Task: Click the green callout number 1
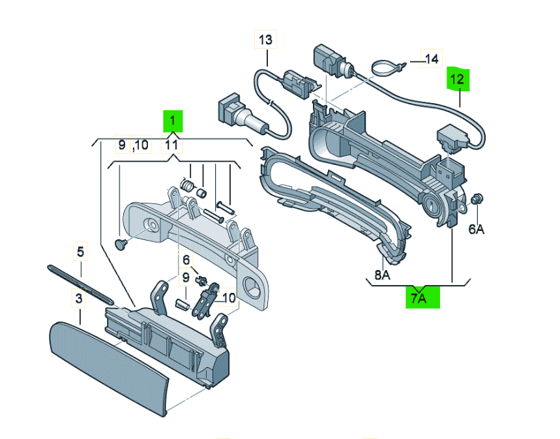[173, 121]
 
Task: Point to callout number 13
[265, 40]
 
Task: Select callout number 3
[79, 299]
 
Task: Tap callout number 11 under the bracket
[171, 144]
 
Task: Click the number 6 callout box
[186, 259]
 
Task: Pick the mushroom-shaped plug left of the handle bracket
[121, 244]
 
